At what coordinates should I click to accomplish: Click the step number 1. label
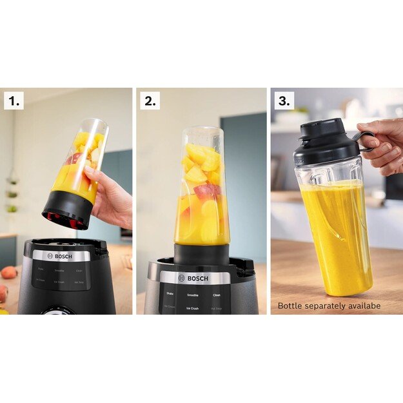[x=14, y=101]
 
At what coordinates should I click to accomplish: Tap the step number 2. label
[x=150, y=101]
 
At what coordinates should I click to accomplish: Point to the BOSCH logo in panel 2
[x=195, y=278]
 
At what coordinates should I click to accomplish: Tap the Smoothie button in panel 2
[x=192, y=295]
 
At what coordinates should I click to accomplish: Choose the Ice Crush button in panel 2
[x=192, y=308]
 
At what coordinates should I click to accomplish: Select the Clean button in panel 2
[x=217, y=295]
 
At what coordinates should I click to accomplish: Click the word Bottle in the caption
[x=290, y=306]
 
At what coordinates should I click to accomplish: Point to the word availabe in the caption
[x=366, y=306]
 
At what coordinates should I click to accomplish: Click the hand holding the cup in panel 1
[x=111, y=201]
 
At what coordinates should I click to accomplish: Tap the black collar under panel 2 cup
[x=201, y=253]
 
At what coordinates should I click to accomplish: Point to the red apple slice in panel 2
[x=204, y=190]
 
